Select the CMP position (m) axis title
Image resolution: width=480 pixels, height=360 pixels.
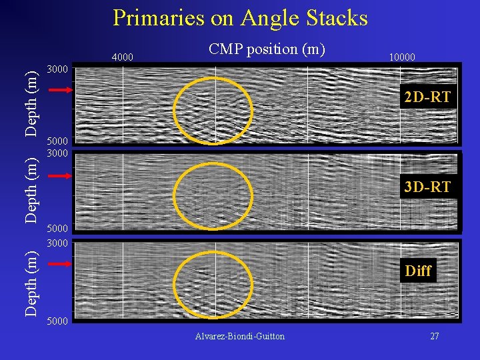pyautogui.click(x=266, y=49)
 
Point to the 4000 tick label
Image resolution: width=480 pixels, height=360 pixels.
pyautogui.click(x=122, y=57)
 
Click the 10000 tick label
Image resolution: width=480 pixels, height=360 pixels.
pyautogui.click(x=401, y=57)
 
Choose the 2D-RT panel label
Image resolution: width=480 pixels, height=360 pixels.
pyautogui.click(x=427, y=98)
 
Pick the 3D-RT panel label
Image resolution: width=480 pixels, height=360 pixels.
pyautogui.click(x=427, y=187)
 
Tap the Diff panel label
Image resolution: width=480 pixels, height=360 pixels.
pyautogui.click(x=418, y=271)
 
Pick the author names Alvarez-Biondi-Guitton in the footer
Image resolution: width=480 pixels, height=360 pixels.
pyautogui.click(x=240, y=336)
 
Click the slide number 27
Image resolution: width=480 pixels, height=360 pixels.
pyautogui.click(x=434, y=336)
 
